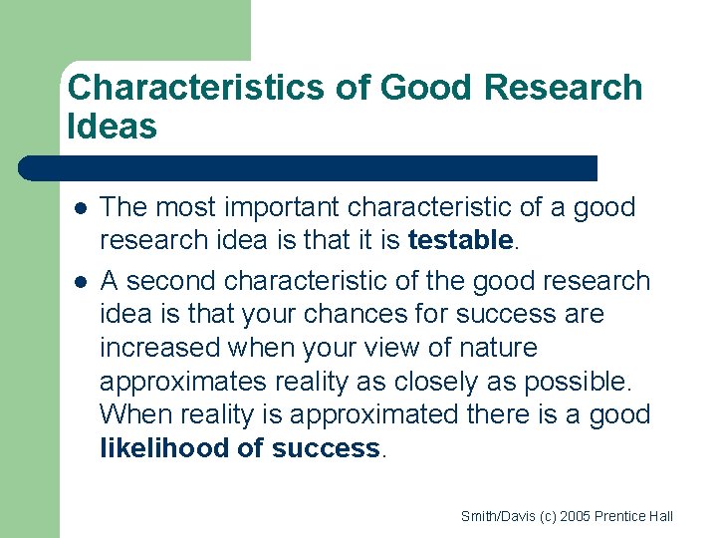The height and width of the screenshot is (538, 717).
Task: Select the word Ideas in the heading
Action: [113, 127]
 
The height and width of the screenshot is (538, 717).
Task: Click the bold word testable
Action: [460, 240]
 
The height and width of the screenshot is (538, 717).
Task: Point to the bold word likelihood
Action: [165, 448]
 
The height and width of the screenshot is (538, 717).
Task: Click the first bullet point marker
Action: [80, 208]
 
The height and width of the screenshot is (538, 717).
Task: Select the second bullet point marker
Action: [80, 281]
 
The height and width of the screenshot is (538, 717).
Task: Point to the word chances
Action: [350, 314]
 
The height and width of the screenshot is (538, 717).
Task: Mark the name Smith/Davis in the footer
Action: [495, 516]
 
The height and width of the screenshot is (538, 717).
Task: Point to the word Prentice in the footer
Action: [618, 516]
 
